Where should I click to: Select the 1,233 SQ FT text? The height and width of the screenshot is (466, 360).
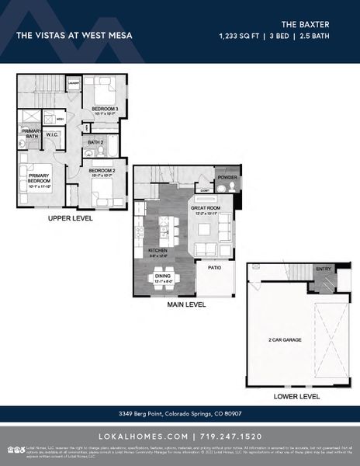click(241, 36)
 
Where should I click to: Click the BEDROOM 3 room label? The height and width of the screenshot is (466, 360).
click(105, 108)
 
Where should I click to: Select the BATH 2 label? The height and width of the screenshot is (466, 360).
click(95, 143)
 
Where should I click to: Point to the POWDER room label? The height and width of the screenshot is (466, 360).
click(227, 176)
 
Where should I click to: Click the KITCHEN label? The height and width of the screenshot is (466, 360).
click(158, 251)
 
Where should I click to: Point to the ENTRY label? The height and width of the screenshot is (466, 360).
click(324, 269)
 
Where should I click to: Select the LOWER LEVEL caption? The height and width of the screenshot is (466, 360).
click(296, 396)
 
